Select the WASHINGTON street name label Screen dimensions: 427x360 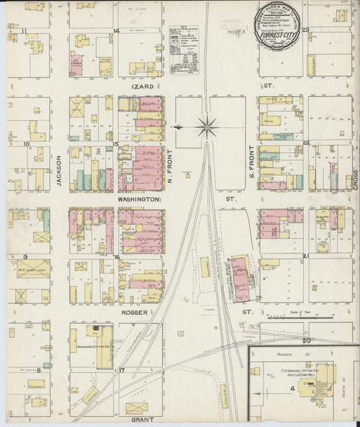click(138, 200)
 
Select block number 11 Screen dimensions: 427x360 click(24, 31)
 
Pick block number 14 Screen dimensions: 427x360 click(116, 31)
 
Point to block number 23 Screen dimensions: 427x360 click(305, 30)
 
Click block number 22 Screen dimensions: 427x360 click(305, 143)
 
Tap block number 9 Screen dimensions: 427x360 click(24, 257)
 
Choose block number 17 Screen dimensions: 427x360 click(122, 370)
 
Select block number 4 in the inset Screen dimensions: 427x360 click(292, 388)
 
